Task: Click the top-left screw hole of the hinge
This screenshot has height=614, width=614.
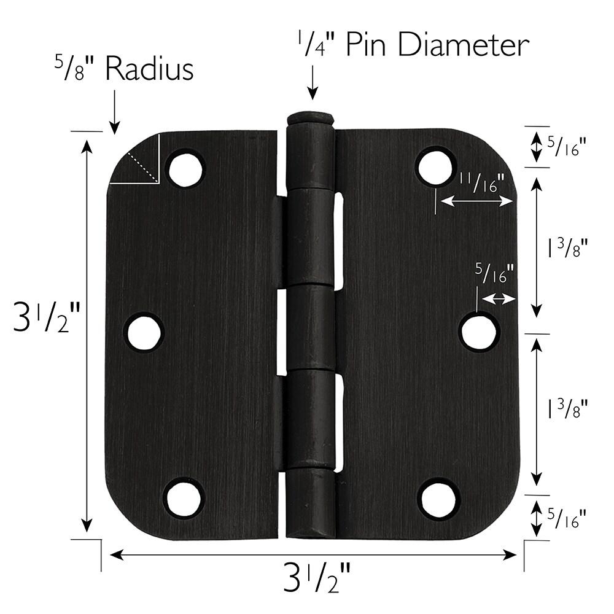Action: click(185, 168)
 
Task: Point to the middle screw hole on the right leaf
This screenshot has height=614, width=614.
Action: click(480, 332)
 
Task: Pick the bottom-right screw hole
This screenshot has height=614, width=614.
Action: click(438, 498)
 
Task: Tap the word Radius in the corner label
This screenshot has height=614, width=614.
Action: click(149, 71)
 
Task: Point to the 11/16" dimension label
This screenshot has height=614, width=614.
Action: click(481, 182)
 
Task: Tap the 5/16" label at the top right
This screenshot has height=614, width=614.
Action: click(565, 146)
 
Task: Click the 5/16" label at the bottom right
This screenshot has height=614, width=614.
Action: click(565, 519)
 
